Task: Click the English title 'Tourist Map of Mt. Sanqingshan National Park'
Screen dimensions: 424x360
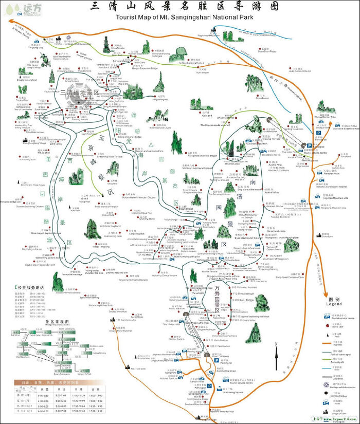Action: point(186,16)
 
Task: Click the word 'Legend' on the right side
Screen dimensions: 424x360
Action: point(334,304)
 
